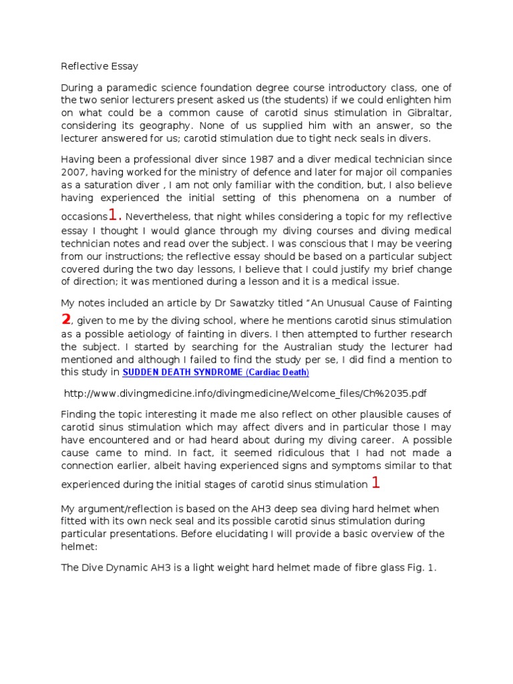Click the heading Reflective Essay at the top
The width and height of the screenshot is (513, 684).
(100, 66)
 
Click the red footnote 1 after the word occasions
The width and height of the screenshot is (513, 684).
(115, 215)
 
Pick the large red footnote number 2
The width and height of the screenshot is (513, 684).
(65, 319)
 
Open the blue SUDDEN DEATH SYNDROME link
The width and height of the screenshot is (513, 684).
(215, 372)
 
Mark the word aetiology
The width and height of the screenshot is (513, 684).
(152, 334)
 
